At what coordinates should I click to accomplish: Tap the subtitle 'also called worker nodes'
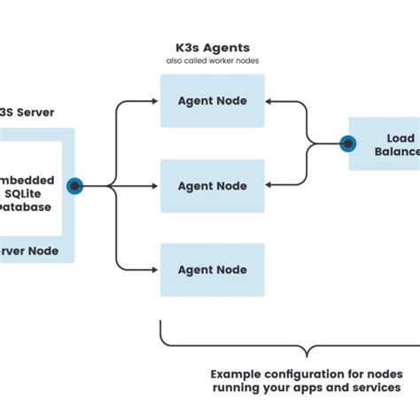point(213,60)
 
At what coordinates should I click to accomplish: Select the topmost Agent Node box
point(213,101)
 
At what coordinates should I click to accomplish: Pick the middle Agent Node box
point(213,186)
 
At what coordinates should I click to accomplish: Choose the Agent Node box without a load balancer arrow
point(213,269)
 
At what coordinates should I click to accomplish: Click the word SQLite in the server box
point(33,193)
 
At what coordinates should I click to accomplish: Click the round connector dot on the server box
point(75,186)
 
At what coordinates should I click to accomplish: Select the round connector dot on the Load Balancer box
point(348,144)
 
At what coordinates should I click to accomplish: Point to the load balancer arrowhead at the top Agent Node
point(269,102)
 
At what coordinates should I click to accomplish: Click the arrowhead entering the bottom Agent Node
point(156,269)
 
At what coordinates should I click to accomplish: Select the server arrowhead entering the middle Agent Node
point(156,186)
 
